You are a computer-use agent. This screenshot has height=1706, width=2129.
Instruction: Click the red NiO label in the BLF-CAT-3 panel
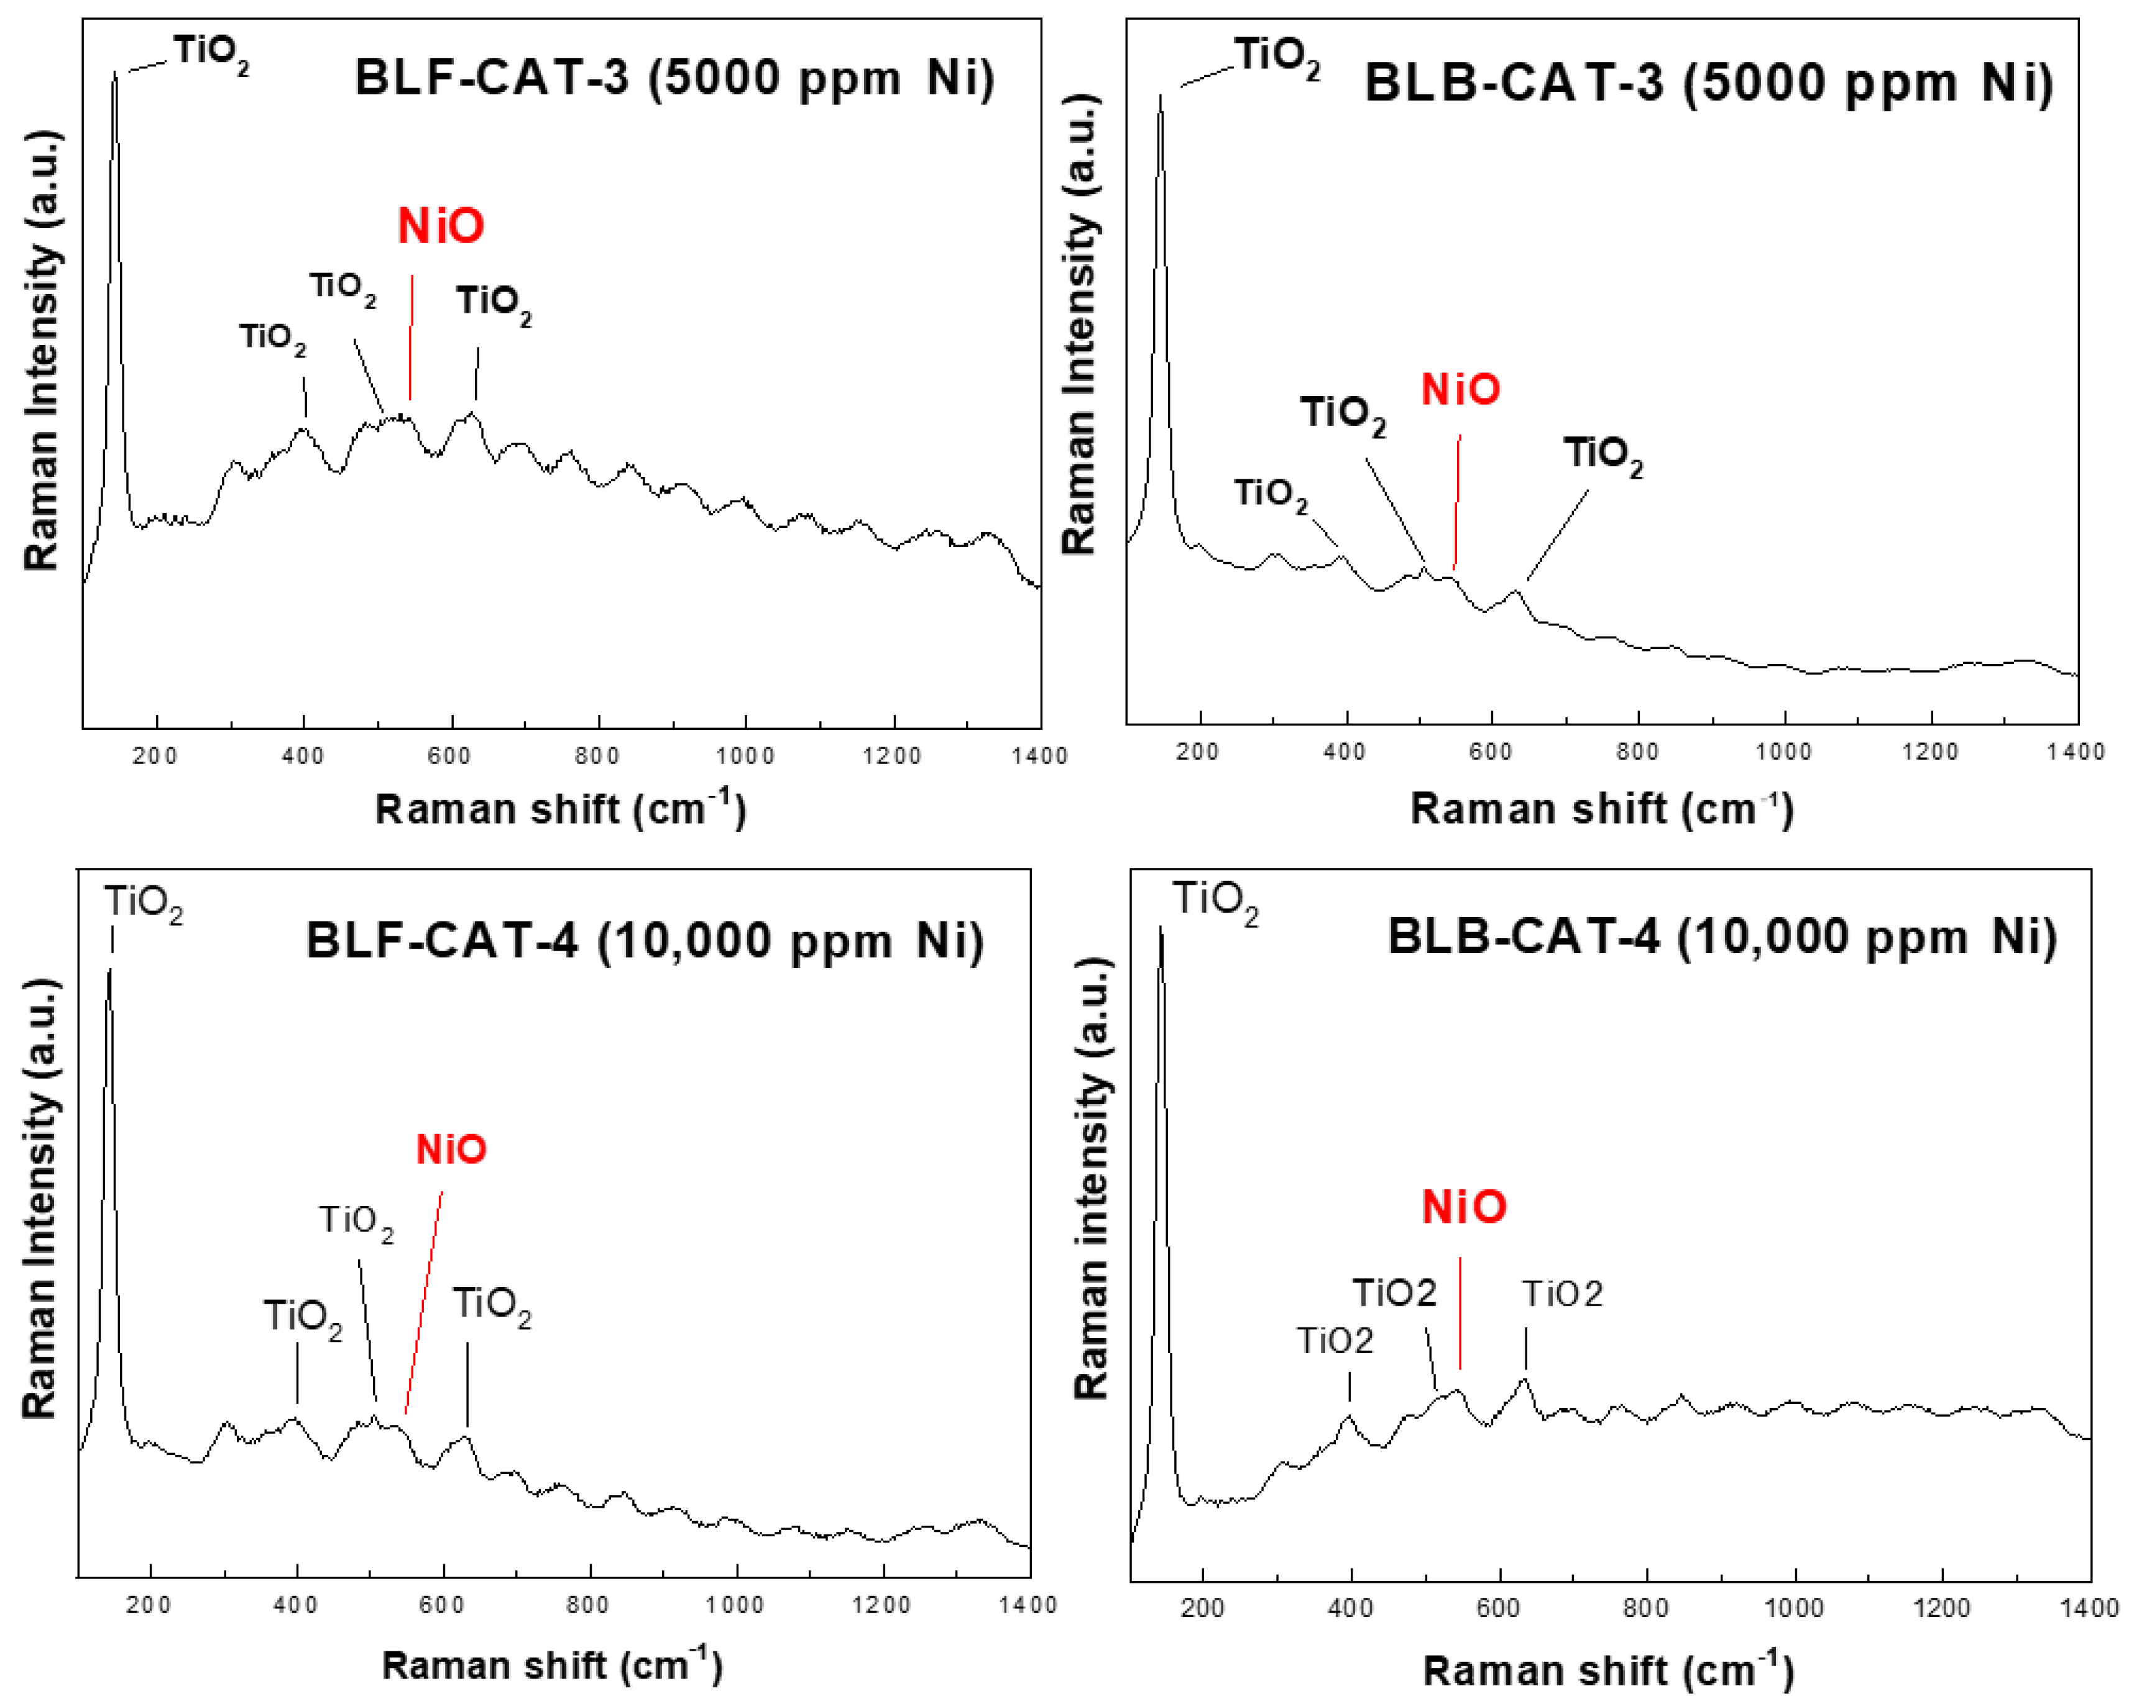(441, 226)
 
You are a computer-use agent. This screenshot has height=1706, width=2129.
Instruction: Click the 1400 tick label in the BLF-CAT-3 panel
(1039, 757)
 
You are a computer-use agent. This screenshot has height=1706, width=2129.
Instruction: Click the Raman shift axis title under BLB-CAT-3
(1601, 809)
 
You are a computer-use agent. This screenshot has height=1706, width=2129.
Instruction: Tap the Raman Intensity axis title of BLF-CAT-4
(40, 1199)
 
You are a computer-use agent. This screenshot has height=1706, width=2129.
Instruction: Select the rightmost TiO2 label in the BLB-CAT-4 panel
(1561, 1293)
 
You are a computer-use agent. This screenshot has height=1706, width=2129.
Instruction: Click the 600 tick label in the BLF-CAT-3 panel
(449, 757)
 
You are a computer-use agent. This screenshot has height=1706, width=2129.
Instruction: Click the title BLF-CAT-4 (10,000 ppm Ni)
(644, 941)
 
